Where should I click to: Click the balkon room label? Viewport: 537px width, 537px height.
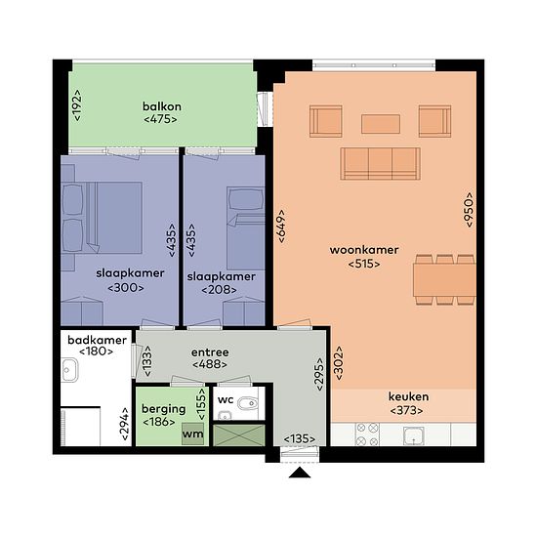[x=162, y=106]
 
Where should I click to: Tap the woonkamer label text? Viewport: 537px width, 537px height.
[x=364, y=250]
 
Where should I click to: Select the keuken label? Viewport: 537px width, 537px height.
[x=408, y=396]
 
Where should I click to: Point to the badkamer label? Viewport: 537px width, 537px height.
[x=97, y=340]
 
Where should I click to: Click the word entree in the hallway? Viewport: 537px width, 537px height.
[x=210, y=352]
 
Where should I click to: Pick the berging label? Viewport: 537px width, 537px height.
[x=164, y=409]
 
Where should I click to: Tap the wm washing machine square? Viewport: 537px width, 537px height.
[x=192, y=434]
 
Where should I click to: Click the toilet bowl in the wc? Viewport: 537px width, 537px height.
[x=248, y=404]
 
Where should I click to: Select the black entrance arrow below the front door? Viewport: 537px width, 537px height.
[x=300, y=473]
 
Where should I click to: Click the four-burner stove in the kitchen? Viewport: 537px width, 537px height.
[x=367, y=434]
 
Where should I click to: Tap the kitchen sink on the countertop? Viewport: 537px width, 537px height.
[x=414, y=435]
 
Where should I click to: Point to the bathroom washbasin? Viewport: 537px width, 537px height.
[x=69, y=370]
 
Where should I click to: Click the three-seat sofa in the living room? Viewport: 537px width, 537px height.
[x=380, y=164]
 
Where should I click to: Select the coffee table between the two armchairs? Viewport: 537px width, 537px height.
[x=381, y=124]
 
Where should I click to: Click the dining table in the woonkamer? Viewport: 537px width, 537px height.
[x=444, y=280]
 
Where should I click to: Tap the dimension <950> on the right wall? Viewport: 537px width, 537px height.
[x=469, y=209]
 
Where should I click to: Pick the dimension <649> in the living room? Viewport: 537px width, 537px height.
[x=281, y=227]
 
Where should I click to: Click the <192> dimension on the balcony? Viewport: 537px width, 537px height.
[x=78, y=105]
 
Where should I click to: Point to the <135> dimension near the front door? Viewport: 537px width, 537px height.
[x=300, y=438]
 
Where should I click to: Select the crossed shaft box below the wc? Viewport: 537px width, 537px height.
[x=239, y=435]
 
